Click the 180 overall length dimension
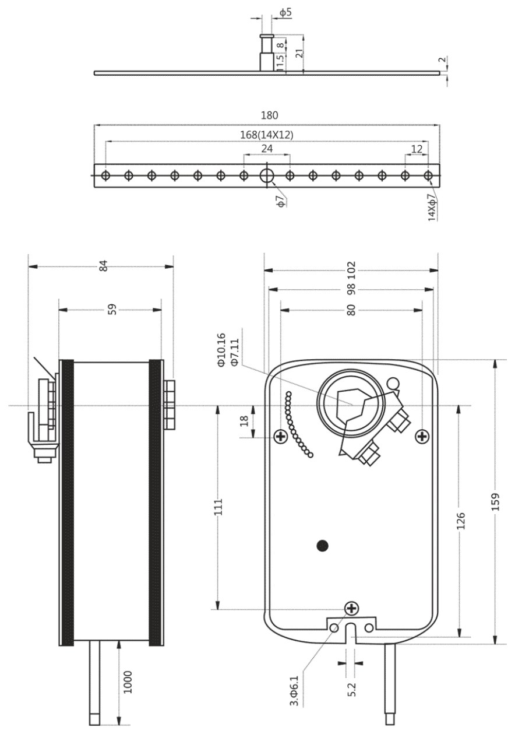click(x=269, y=115)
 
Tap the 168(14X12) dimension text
click(x=267, y=135)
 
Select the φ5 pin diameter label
click(x=285, y=12)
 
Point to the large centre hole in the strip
click(x=267, y=175)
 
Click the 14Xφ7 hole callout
click(x=432, y=208)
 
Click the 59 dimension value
click(x=112, y=310)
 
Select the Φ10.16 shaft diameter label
click(x=221, y=349)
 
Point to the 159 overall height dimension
click(x=495, y=502)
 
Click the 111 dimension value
click(x=218, y=507)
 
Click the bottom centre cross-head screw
click(x=352, y=609)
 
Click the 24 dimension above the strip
click(x=267, y=149)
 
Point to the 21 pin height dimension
click(x=299, y=53)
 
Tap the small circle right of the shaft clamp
click(x=393, y=382)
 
